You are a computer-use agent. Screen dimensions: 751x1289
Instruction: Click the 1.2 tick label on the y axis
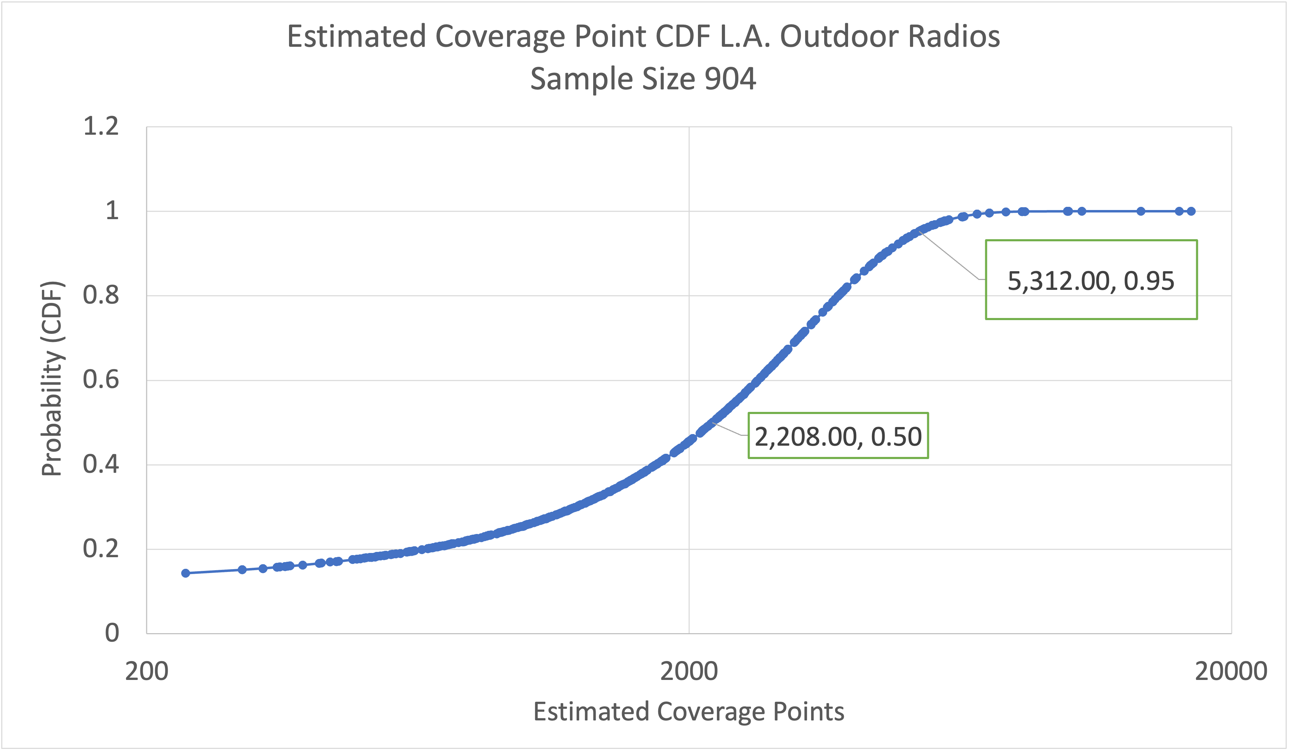[101, 126]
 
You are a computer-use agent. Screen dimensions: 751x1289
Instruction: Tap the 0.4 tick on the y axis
[101, 465]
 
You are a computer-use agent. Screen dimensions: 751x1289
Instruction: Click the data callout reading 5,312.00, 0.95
[1091, 280]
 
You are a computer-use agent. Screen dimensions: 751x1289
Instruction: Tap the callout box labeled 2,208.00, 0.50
[838, 436]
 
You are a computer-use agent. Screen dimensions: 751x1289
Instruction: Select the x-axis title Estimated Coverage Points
[688, 712]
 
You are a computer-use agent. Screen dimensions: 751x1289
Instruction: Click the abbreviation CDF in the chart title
[684, 37]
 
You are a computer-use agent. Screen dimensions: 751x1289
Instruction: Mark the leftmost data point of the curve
[186, 573]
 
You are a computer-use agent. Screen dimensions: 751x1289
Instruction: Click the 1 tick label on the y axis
[111, 211]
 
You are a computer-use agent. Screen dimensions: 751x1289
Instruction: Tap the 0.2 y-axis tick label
[101, 549]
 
